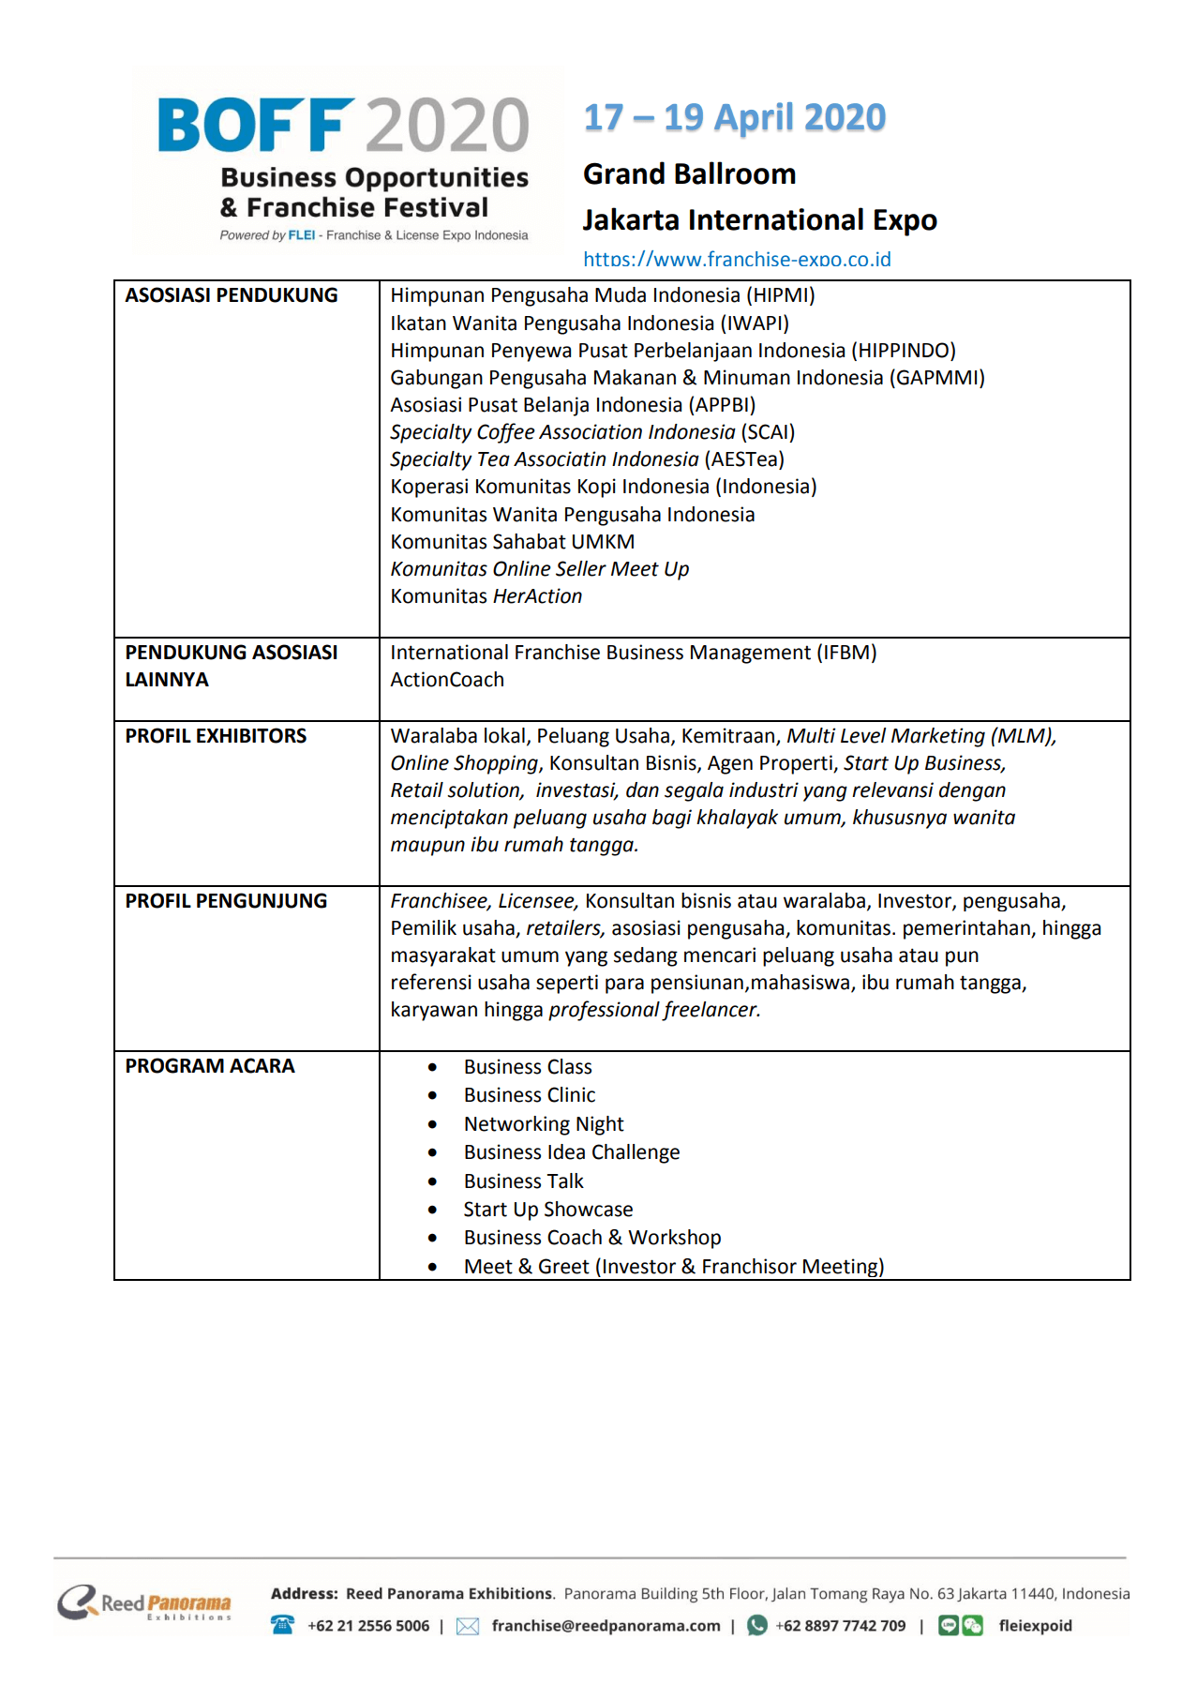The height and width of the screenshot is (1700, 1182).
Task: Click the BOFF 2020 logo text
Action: (x=343, y=126)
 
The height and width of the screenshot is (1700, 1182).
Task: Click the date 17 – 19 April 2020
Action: (x=734, y=118)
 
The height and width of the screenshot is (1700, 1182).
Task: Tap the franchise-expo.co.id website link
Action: (x=737, y=260)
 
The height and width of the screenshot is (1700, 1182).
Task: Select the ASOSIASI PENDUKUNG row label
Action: (x=232, y=295)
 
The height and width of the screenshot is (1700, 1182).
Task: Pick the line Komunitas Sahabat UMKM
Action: (x=513, y=542)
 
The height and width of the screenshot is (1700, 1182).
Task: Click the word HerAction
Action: (x=537, y=596)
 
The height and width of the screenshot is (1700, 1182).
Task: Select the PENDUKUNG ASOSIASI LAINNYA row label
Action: (x=232, y=666)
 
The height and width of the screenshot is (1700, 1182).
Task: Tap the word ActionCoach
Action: (x=447, y=680)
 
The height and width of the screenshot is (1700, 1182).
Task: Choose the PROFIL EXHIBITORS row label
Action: (x=216, y=736)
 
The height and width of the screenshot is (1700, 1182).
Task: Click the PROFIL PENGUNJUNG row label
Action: (x=226, y=901)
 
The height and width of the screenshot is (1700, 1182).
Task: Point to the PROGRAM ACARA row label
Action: (x=210, y=1066)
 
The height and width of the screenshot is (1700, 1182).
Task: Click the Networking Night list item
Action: (x=544, y=1124)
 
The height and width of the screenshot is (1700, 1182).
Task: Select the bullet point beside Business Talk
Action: (x=432, y=1181)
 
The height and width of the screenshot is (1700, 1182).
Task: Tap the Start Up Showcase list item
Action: (x=548, y=1210)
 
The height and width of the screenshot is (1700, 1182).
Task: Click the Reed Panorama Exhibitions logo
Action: (x=144, y=1602)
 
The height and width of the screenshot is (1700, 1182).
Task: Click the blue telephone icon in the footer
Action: (x=282, y=1625)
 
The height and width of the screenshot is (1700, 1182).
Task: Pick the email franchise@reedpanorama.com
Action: (x=606, y=1626)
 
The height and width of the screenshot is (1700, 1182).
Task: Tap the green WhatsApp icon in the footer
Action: (x=757, y=1625)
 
